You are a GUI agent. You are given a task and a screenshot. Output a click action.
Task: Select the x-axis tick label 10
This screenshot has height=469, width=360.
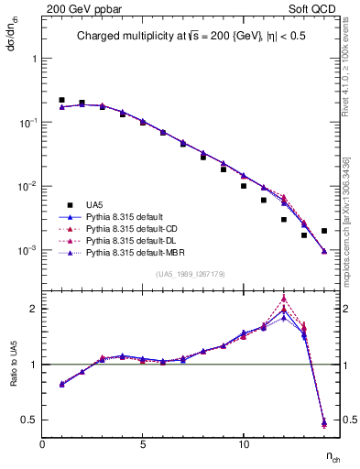point(244,444)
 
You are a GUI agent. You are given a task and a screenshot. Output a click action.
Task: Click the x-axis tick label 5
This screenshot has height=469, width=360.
point(143,444)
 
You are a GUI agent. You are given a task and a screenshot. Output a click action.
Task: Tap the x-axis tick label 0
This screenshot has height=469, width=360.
point(43,444)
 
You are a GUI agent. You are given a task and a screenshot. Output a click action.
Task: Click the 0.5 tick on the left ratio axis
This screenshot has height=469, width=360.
point(30,420)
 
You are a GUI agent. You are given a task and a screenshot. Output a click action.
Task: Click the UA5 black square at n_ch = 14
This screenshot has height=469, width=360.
point(324,231)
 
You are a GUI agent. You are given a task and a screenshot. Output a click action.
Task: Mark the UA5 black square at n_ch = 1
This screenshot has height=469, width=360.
point(61,100)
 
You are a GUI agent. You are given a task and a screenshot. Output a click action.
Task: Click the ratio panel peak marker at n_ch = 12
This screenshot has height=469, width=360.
point(284,298)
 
